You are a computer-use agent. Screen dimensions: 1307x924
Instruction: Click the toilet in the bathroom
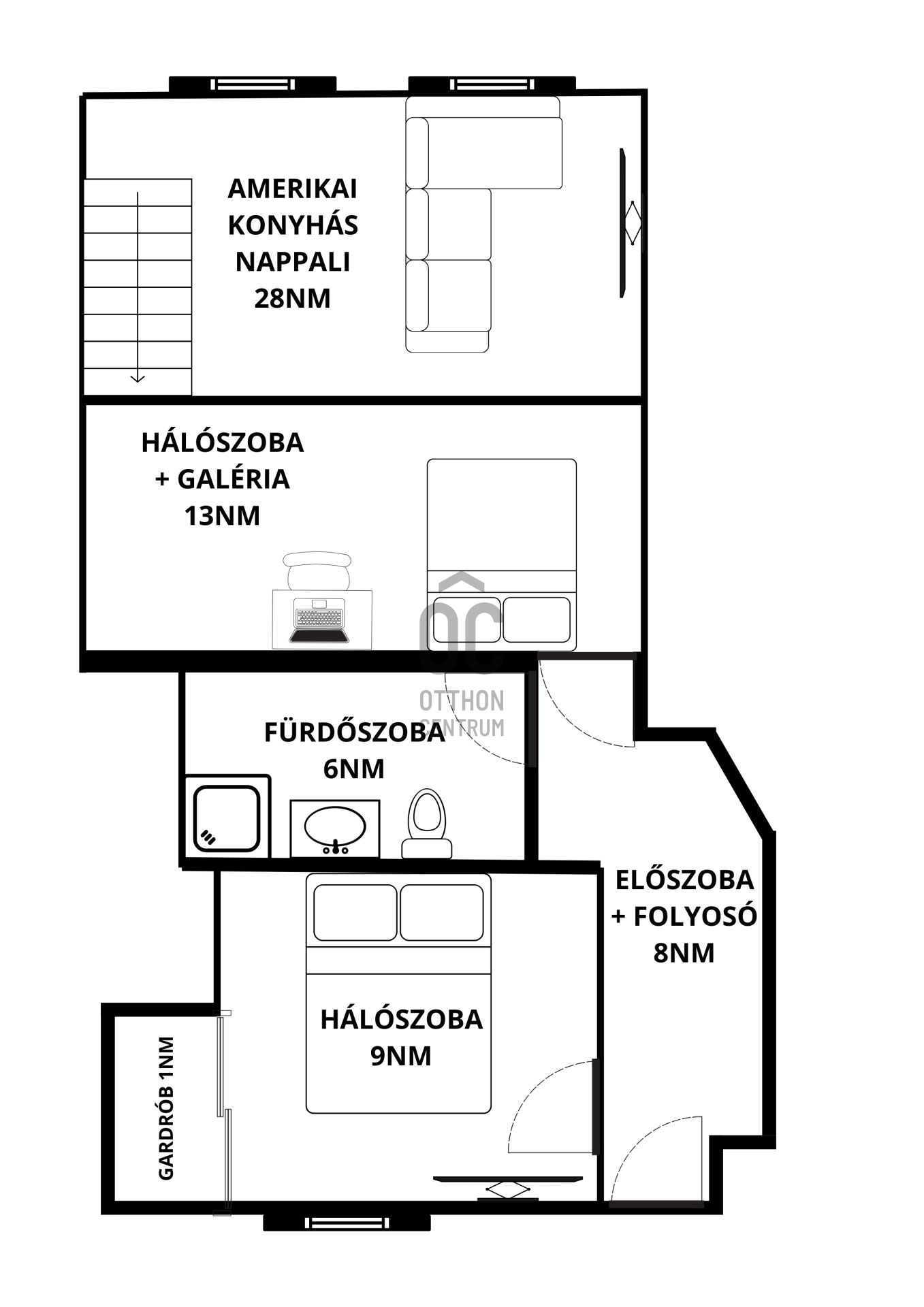tap(426, 822)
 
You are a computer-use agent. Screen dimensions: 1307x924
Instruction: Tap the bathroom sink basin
tap(334, 826)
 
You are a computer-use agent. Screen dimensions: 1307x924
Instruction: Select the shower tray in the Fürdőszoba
tap(226, 818)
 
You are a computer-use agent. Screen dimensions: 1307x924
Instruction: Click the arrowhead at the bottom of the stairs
tap(138, 378)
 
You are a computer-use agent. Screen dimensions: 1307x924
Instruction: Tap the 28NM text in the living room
tap(292, 298)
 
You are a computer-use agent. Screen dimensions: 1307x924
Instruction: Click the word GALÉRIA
tap(234, 479)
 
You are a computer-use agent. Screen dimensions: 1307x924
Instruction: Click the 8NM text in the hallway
tap(684, 952)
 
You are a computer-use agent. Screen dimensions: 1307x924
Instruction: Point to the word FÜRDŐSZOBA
tap(354, 732)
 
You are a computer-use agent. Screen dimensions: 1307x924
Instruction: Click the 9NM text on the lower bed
tap(400, 1056)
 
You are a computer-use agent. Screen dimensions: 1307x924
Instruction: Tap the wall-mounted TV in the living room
tap(624, 223)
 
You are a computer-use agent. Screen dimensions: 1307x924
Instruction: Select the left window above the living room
tap(252, 84)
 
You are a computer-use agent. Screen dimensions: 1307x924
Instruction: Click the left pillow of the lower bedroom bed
tap(355, 913)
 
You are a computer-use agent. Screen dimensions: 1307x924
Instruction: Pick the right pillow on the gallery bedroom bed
tap(536, 619)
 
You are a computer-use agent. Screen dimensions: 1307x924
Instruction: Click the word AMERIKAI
tap(292, 189)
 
